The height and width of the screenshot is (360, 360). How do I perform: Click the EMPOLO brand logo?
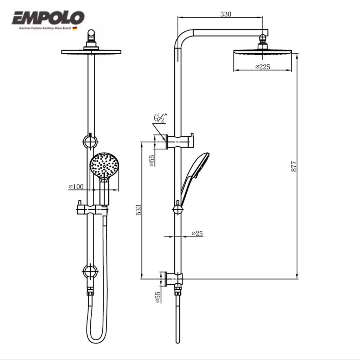tap(48, 18)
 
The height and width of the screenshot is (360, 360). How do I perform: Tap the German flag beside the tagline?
tap(75, 28)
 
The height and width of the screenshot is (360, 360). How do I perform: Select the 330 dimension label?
tap(226, 14)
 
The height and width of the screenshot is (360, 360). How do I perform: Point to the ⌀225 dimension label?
tap(263, 67)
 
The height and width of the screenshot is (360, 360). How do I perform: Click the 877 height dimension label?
tap(294, 166)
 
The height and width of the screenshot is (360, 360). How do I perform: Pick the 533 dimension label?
tap(139, 210)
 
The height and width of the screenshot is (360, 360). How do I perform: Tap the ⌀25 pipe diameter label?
tap(197, 233)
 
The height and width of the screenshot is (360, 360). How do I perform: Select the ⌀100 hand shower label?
tap(76, 187)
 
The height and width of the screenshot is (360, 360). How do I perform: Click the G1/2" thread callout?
tap(160, 118)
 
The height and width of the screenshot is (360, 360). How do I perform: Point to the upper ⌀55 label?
tap(152, 160)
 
